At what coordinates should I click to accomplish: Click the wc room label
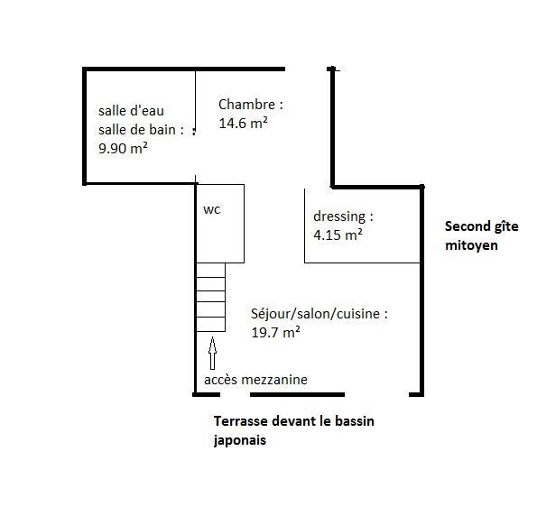(x=212, y=209)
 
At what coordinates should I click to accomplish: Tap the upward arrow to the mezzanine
(x=212, y=354)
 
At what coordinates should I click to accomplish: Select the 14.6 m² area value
(x=243, y=123)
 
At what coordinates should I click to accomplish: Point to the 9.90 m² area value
(x=123, y=148)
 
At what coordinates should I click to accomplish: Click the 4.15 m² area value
(x=338, y=235)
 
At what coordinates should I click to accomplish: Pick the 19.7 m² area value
(x=275, y=332)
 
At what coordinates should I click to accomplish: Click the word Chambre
(x=246, y=105)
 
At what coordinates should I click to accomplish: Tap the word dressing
(x=339, y=217)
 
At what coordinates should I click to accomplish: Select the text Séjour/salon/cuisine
(x=315, y=314)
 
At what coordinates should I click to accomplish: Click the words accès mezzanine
(x=255, y=380)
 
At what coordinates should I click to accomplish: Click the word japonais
(x=240, y=440)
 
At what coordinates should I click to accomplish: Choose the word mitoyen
(x=471, y=245)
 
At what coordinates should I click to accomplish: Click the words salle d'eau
(x=131, y=111)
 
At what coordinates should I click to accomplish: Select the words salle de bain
(x=137, y=130)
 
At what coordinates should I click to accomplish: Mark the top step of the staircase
(x=210, y=270)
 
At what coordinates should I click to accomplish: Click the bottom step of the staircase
(x=210, y=325)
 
